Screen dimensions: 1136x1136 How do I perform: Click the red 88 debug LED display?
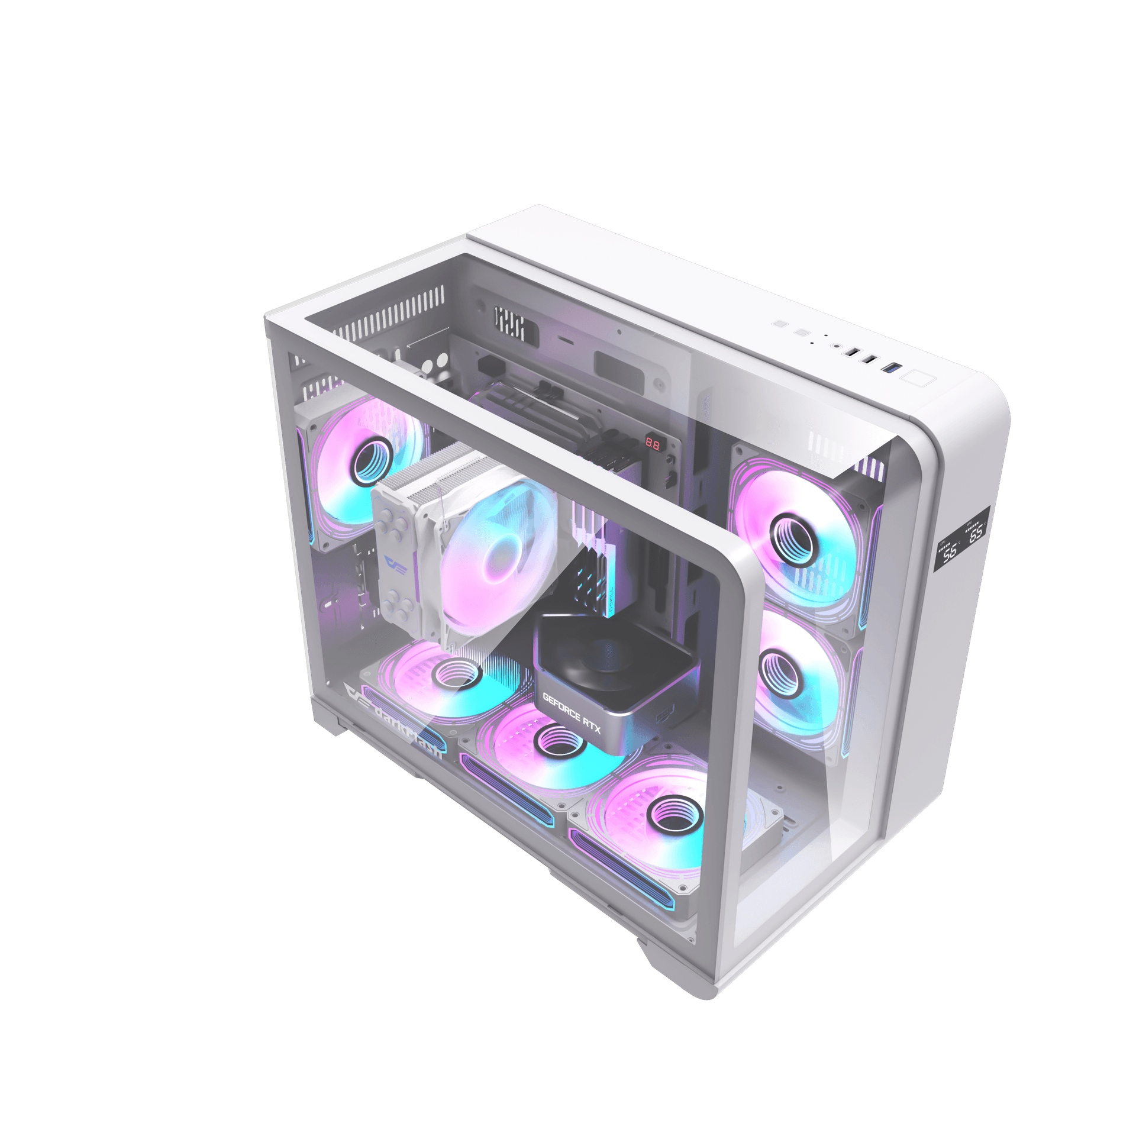pos(653,443)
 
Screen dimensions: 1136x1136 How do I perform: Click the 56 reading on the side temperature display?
pos(950,552)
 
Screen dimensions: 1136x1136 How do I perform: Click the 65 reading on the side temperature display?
pos(976,532)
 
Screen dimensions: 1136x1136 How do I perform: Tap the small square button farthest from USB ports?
pos(780,324)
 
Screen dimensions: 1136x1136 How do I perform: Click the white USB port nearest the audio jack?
pos(853,353)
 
